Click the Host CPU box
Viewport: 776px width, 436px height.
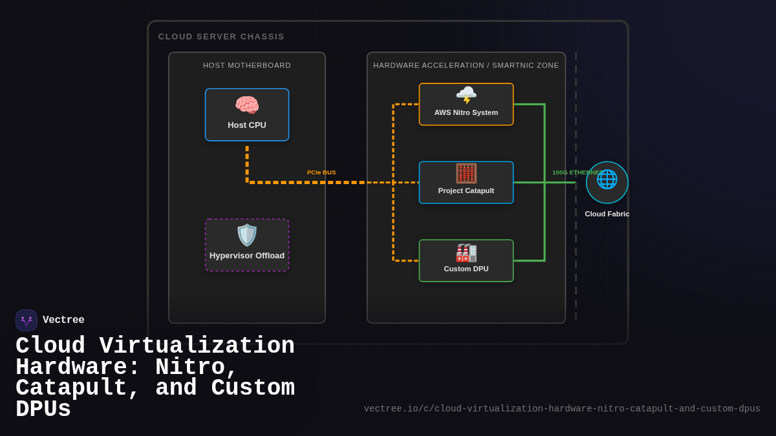pos(246,115)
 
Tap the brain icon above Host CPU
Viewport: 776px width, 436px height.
pos(246,105)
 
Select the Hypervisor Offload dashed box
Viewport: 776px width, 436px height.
pos(246,245)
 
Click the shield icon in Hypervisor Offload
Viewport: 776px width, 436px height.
pos(246,235)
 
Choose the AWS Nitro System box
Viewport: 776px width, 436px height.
pos(466,105)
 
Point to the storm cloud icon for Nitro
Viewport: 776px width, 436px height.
pos(466,95)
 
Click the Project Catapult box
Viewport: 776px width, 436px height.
pos(466,183)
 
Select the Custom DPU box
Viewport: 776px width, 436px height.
pos(466,261)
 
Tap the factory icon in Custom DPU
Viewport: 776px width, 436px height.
pos(466,253)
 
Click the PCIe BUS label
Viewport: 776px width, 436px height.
pos(321,172)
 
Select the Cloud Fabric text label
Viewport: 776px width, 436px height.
pos(607,214)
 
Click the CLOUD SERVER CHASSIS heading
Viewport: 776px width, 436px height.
pos(221,37)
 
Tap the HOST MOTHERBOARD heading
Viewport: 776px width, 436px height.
pos(247,65)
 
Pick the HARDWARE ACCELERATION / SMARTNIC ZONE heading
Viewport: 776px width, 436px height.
pos(466,65)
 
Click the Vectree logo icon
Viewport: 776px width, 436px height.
pos(27,320)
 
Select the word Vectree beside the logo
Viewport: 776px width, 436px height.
pos(63,320)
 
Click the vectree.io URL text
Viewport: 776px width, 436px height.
pos(561,409)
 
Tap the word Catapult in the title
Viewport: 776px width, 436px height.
pos(71,388)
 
